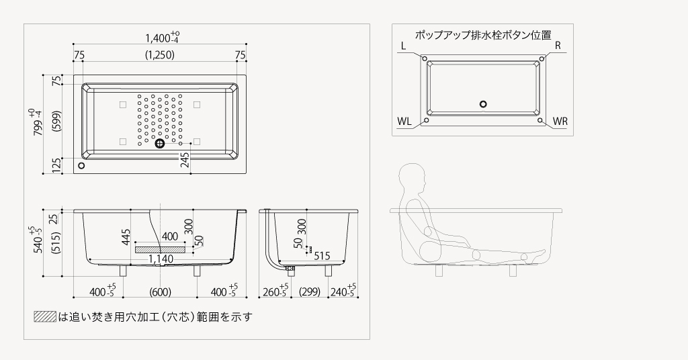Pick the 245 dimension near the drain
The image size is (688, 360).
[184, 160]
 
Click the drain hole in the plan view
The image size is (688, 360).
[160, 143]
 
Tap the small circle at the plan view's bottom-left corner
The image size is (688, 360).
[81, 165]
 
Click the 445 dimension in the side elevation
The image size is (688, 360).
[126, 236]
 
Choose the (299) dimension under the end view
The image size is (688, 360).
[309, 291]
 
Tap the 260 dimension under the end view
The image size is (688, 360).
[273, 291]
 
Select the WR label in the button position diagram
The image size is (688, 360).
[560, 122]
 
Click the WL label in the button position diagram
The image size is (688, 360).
[404, 122]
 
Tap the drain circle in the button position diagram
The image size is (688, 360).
[483, 104]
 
